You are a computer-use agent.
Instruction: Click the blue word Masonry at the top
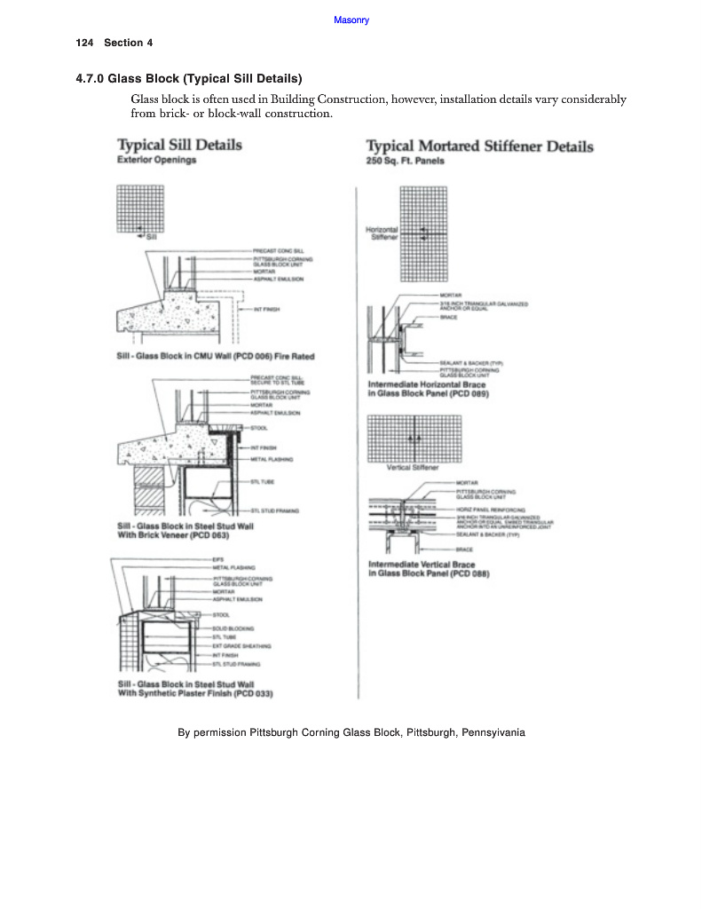coord(351,20)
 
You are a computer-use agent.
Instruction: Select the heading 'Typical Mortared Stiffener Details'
coord(479,146)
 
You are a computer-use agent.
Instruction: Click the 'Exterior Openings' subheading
coord(156,161)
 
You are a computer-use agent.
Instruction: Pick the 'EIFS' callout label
coord(217,558)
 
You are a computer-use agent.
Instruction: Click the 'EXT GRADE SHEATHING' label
coord(241,645)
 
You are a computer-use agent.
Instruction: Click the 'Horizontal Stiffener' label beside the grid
coord(383,233)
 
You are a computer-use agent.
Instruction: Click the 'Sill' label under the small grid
coord(151,237)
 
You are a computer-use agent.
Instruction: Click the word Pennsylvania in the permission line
coord(493,733)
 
